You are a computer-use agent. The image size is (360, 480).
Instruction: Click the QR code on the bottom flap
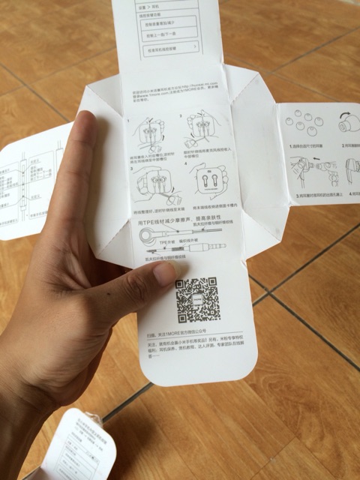tap(198, 300)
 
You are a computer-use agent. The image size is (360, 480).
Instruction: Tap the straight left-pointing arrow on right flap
tap(316, 159)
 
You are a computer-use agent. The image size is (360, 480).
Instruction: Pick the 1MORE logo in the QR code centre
tap(198, 300)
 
